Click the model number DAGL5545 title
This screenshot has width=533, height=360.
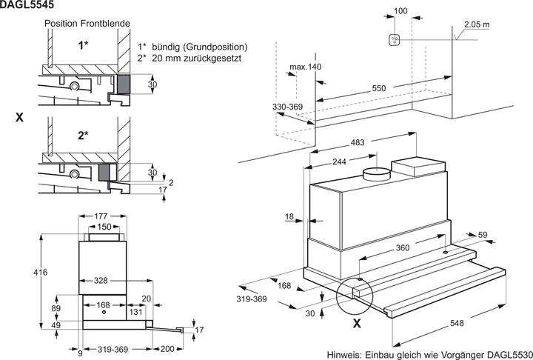(x=27, y=4)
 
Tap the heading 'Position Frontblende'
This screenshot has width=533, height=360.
(x=87, y=24)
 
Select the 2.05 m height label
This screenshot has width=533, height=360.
(x=477, y=24)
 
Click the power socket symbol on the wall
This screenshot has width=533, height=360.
(x=394, y=39)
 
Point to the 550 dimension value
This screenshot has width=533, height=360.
(x=379, y=88)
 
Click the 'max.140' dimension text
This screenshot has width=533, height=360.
(x=305, y=67)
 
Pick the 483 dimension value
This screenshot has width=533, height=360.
(x=357, y=142)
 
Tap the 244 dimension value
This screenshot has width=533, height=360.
(x=339, y=161)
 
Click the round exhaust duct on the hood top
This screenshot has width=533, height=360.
(x=377, y=174)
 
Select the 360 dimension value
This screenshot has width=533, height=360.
(x=403, y=248)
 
